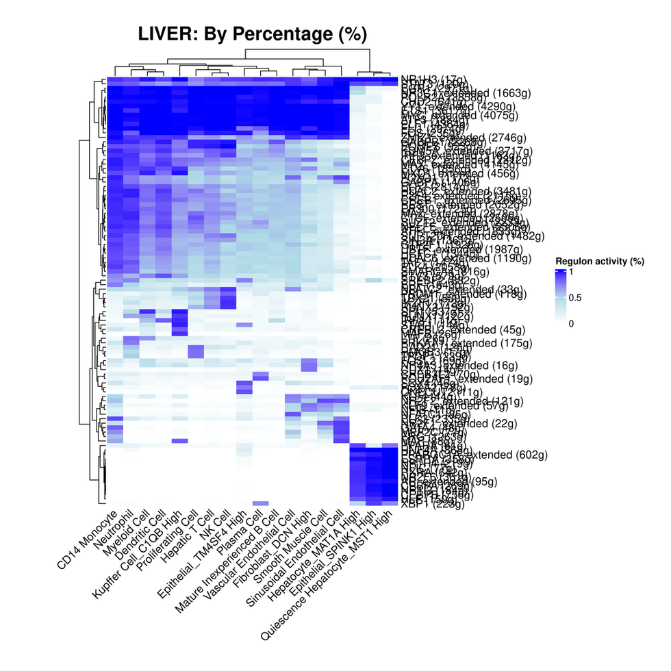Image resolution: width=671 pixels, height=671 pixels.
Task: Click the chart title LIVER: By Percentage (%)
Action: point(253,34)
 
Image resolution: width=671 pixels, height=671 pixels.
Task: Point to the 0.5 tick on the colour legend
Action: point(576,297)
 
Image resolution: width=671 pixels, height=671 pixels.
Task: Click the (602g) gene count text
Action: point(494,454)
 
